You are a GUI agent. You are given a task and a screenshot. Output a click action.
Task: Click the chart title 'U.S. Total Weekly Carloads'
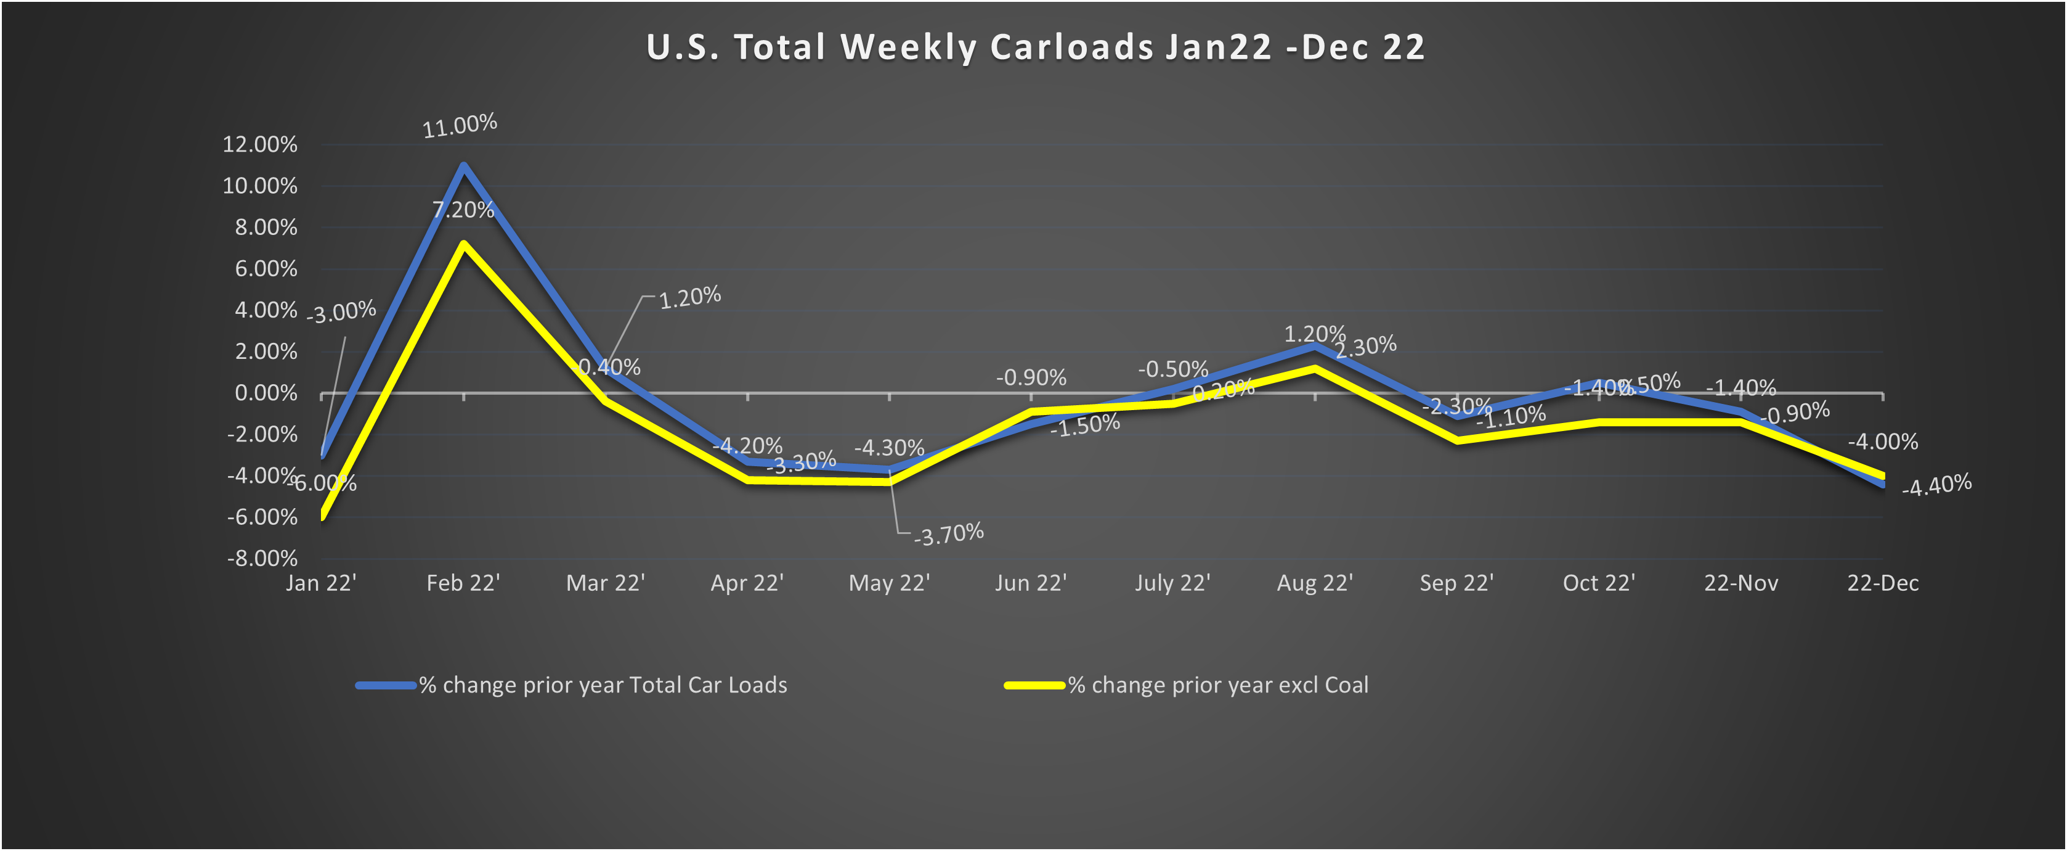tap(1035, 47)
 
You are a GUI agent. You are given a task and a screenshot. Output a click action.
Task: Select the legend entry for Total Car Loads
tap(602, 685)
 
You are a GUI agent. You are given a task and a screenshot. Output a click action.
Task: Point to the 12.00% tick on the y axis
tap(259, 144)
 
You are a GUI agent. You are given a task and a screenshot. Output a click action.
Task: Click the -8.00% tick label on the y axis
tap(262, 558)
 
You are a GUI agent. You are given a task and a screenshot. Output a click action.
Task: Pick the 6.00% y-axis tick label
tap(266, 268)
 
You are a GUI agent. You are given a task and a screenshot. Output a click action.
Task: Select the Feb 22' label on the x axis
tap(463, 583)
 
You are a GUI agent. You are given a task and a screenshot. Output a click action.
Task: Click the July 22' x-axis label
tap(1172, 583)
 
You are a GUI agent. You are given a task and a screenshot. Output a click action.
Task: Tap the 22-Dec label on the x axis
tap(1882, 583)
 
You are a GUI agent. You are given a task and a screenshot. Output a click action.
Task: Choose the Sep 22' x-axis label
tap(1456, 583)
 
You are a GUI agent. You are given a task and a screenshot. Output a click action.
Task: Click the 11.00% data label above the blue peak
tap(460, 125)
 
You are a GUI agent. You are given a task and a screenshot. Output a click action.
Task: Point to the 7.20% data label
tap(463, 210)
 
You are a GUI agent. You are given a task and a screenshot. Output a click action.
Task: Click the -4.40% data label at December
tap(1936, 485)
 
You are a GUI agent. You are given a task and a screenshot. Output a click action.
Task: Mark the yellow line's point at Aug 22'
tap(1314, 369)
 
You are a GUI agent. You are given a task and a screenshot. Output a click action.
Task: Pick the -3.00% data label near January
tap(341, 311)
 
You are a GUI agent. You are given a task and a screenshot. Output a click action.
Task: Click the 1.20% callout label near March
tap(689, 298)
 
